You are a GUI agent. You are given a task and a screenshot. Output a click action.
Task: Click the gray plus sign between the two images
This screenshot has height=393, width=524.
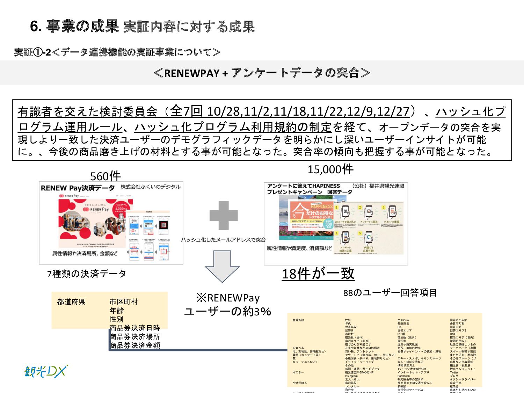click(x=224, y=215)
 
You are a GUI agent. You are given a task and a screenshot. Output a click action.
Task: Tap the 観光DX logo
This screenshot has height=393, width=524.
click(x=46, y=371)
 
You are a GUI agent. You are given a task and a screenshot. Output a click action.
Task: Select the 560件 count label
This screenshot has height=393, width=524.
click(x=105, y=176)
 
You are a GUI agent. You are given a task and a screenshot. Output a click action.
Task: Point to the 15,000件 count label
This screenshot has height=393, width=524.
click(x=330, y=170)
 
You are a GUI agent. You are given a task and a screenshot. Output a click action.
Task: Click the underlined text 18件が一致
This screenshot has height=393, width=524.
click(x=318, y=274)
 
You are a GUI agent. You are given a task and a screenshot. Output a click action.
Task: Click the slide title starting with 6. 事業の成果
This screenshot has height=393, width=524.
click(x=143, y=27)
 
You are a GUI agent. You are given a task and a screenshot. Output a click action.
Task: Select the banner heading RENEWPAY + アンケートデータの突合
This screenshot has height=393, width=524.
click(x=262, y=73)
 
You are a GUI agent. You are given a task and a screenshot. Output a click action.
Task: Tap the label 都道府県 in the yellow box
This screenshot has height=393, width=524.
click(x=71, y=302)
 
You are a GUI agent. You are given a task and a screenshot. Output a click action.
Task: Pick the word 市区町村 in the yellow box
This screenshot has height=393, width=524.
click(x=124, y=302)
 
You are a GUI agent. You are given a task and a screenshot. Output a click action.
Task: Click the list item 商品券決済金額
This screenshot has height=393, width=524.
click(x=135, y=345)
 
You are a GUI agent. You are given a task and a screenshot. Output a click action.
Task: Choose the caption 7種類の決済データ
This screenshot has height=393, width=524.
click(x=87, y=274)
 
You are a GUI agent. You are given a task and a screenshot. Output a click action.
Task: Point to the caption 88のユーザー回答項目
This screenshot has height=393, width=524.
click(x=390, y=293)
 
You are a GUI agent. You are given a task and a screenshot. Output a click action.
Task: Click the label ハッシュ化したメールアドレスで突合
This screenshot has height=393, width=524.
click(x=223, y=240)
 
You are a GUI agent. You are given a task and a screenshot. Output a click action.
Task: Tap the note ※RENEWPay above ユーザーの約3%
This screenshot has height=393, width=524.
click(x=228, y=298)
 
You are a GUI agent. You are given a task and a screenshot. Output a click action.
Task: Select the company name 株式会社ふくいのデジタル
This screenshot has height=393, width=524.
click(x=151, y=187)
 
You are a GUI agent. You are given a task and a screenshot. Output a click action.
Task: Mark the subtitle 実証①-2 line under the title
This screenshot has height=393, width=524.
click(x=117, y=52)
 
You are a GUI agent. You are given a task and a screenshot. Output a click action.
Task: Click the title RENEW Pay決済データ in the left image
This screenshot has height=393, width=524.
click(x=78, y=188)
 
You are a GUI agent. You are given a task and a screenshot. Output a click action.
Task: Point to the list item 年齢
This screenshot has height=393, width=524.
click(x=117, y=311)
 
